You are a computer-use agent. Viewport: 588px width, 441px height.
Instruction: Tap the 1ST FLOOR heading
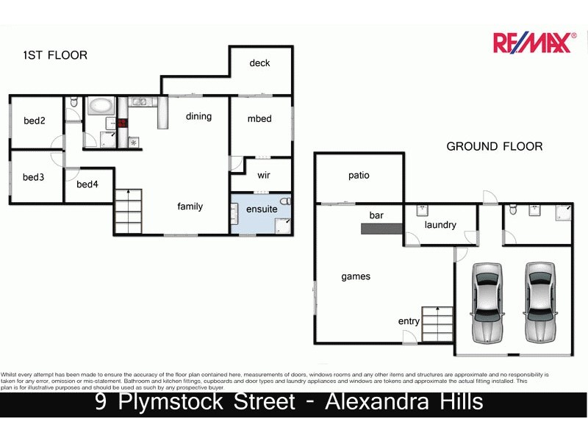pos(55,55)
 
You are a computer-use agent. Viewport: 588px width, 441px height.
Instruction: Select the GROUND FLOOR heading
pos(494,146)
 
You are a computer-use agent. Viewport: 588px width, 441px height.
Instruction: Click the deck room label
pos(259,63)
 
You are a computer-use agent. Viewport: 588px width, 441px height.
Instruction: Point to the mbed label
pos(259,119)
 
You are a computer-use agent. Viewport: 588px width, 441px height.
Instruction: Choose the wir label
pos(263,176)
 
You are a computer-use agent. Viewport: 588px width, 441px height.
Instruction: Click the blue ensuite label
pos(262,209)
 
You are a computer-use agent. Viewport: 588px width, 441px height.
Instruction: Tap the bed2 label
pos(35,121)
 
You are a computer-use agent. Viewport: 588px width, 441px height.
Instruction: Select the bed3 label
pos(34,177)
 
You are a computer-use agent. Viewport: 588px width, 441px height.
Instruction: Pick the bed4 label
pos(87,184)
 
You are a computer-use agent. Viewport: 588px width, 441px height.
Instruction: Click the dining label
pos(198,116)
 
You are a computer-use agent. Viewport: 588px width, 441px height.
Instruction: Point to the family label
pos(190,207)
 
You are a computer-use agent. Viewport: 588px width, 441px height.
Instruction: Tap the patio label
pos(359,176)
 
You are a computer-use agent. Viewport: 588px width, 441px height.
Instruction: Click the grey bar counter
pos(381,229)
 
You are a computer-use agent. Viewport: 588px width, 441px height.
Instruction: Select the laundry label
pos(440,225)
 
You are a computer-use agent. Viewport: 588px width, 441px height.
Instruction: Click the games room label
pos(356,277)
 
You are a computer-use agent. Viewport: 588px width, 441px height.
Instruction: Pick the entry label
pos(409,321)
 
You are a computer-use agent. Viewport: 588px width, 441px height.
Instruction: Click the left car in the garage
pos(487,301)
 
